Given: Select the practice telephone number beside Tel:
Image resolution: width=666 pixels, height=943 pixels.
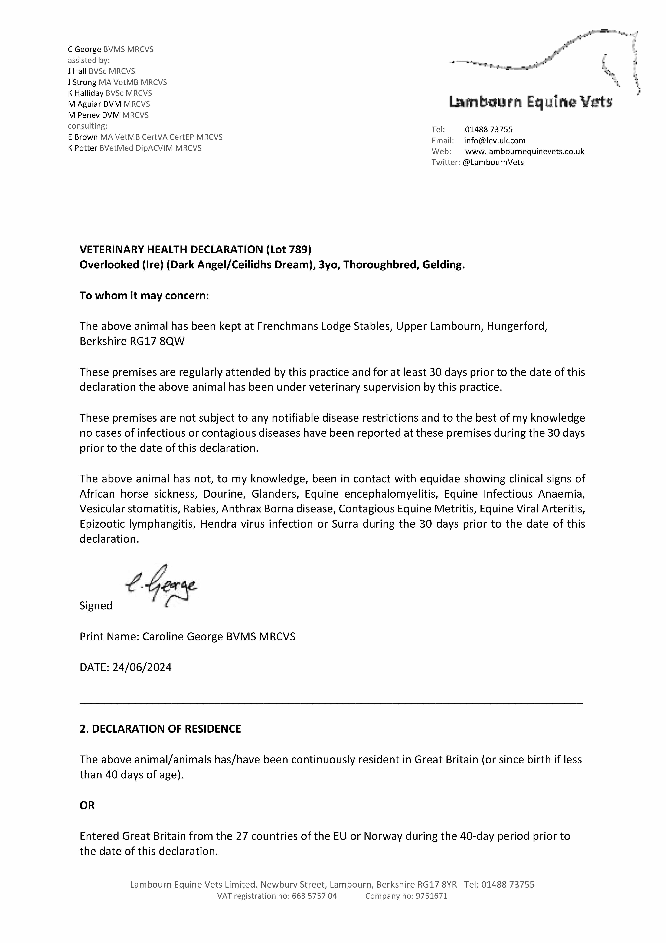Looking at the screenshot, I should pos(489,129).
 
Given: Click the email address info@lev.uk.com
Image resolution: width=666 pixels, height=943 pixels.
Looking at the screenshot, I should pos(495,141).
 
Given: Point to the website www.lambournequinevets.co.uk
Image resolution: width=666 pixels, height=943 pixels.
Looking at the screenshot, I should pos(524,151).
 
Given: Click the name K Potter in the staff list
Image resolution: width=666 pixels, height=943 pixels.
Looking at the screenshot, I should pos(83,148).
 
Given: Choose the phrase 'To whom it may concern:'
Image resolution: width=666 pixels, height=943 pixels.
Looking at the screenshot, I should pos(144,296).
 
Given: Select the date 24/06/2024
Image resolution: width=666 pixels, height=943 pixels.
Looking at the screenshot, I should pos(142,667).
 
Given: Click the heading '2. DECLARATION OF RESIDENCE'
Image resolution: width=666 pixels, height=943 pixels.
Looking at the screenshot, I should pos(160,729).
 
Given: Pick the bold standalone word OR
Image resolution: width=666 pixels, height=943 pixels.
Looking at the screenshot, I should pos(87,805).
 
